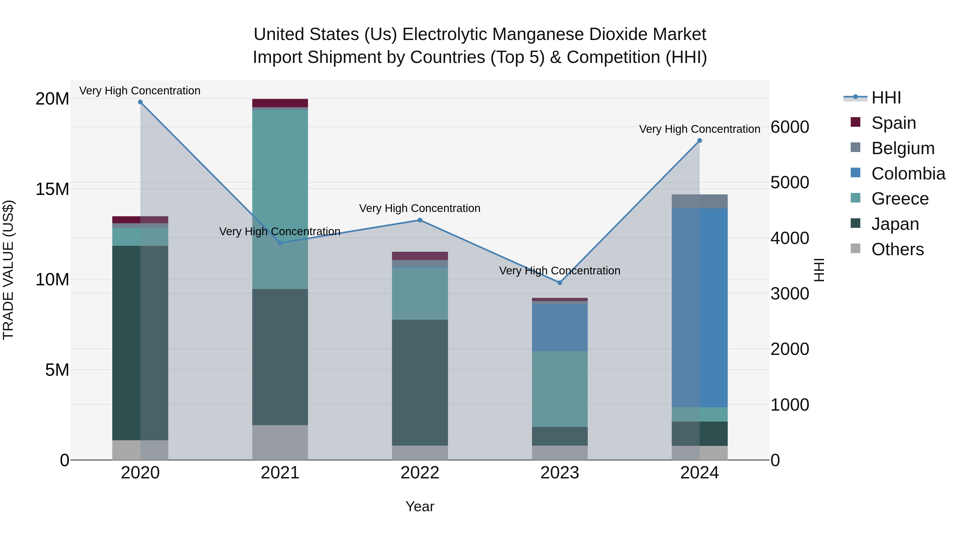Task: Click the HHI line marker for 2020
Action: pyautogui.click(x=140, y=102)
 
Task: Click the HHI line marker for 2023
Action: pyautogui.click(x=559, y=282)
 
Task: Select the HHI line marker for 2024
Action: pyautogui.click(x=699, y=141)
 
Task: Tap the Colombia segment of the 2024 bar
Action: pyautogui.click(x=699, y=307)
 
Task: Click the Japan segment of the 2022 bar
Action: pyautogui.click(x=420, y=382)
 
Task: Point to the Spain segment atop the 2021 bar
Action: pyautogui.click(x=280, y=103)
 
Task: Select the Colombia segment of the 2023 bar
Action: pyautogui.click(x=559, y=327)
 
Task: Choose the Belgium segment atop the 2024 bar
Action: pyautogui.click(x=699, y=201)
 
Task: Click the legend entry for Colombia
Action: pyautogui.click(x=908, y=174)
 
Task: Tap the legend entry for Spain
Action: pyautogui.click(x=893, y=123)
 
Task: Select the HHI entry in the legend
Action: pyautogui.click(x=886, y=98)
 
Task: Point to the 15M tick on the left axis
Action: pyautogui.click(x=52, y=189)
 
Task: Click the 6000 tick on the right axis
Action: pyautogui.click(x=790, y=127)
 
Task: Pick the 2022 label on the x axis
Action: pyautogui.click(x=420, y=473)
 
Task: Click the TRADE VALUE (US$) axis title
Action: pyautogui.click(x=8, y=270)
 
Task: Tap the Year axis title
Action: pyautogui.click(x=420, y=506)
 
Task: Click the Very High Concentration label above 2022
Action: pyautogui.click(x=420, y=208)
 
